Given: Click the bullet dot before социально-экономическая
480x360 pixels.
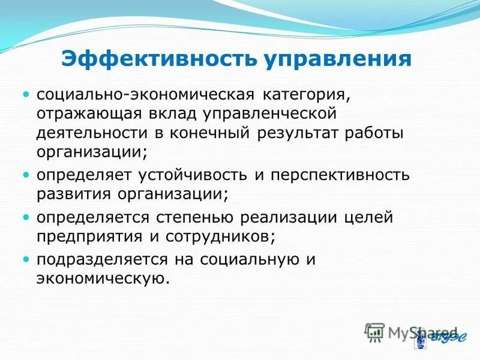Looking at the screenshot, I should pos(26,95).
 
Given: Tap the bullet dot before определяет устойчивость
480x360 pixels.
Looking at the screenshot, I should pos(26,176).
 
